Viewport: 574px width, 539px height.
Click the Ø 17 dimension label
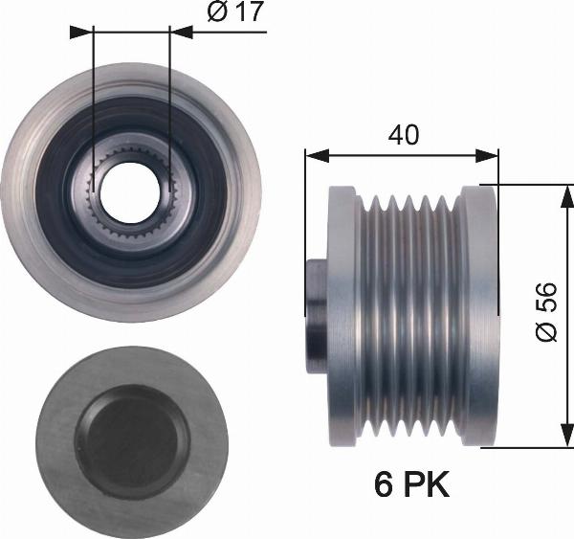pos(235,11)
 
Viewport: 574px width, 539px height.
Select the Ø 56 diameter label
pos(546,311)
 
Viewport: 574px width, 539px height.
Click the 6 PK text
pos(411,484)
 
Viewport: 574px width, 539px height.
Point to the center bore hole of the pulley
pos(131,192)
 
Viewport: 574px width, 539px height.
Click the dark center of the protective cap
pos(132,442)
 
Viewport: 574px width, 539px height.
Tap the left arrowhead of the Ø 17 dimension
pos(81,33)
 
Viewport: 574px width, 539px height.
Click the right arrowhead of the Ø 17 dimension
pos(181,33)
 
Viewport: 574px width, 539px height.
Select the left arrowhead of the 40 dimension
pos(317,156)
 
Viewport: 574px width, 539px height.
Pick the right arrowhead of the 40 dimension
pos(487,156)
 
